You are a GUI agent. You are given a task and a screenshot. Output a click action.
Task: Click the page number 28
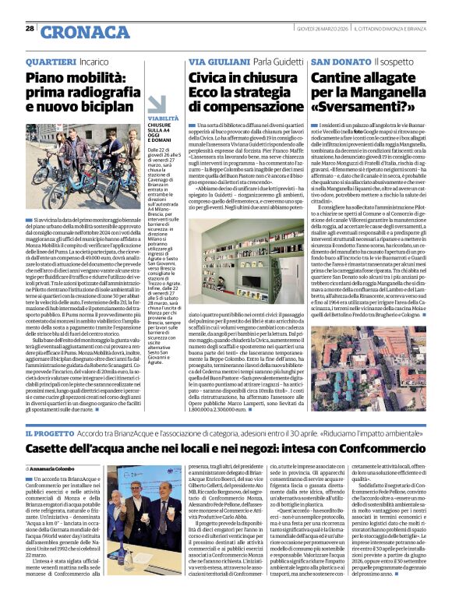point(30,28)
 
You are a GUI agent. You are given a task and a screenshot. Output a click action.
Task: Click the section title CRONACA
point(75,32)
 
